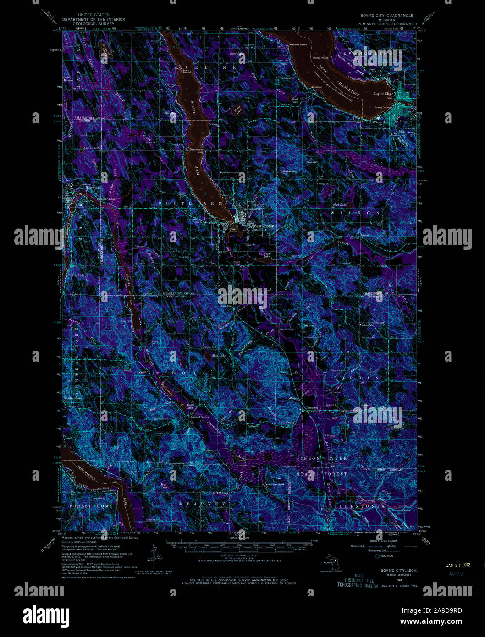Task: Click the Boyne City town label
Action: click(382, 94)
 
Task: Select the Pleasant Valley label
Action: click(199, 417)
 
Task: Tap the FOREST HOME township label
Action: click(91, 506)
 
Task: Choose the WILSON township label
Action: click(355, 213)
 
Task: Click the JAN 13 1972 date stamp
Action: click(458, 565)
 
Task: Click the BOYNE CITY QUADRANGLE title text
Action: click(386, 16)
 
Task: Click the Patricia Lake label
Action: click(264, 255)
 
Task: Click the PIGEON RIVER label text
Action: click(322, 458)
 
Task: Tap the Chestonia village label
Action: click(311, 407)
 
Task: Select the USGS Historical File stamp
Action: click(358, 581)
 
